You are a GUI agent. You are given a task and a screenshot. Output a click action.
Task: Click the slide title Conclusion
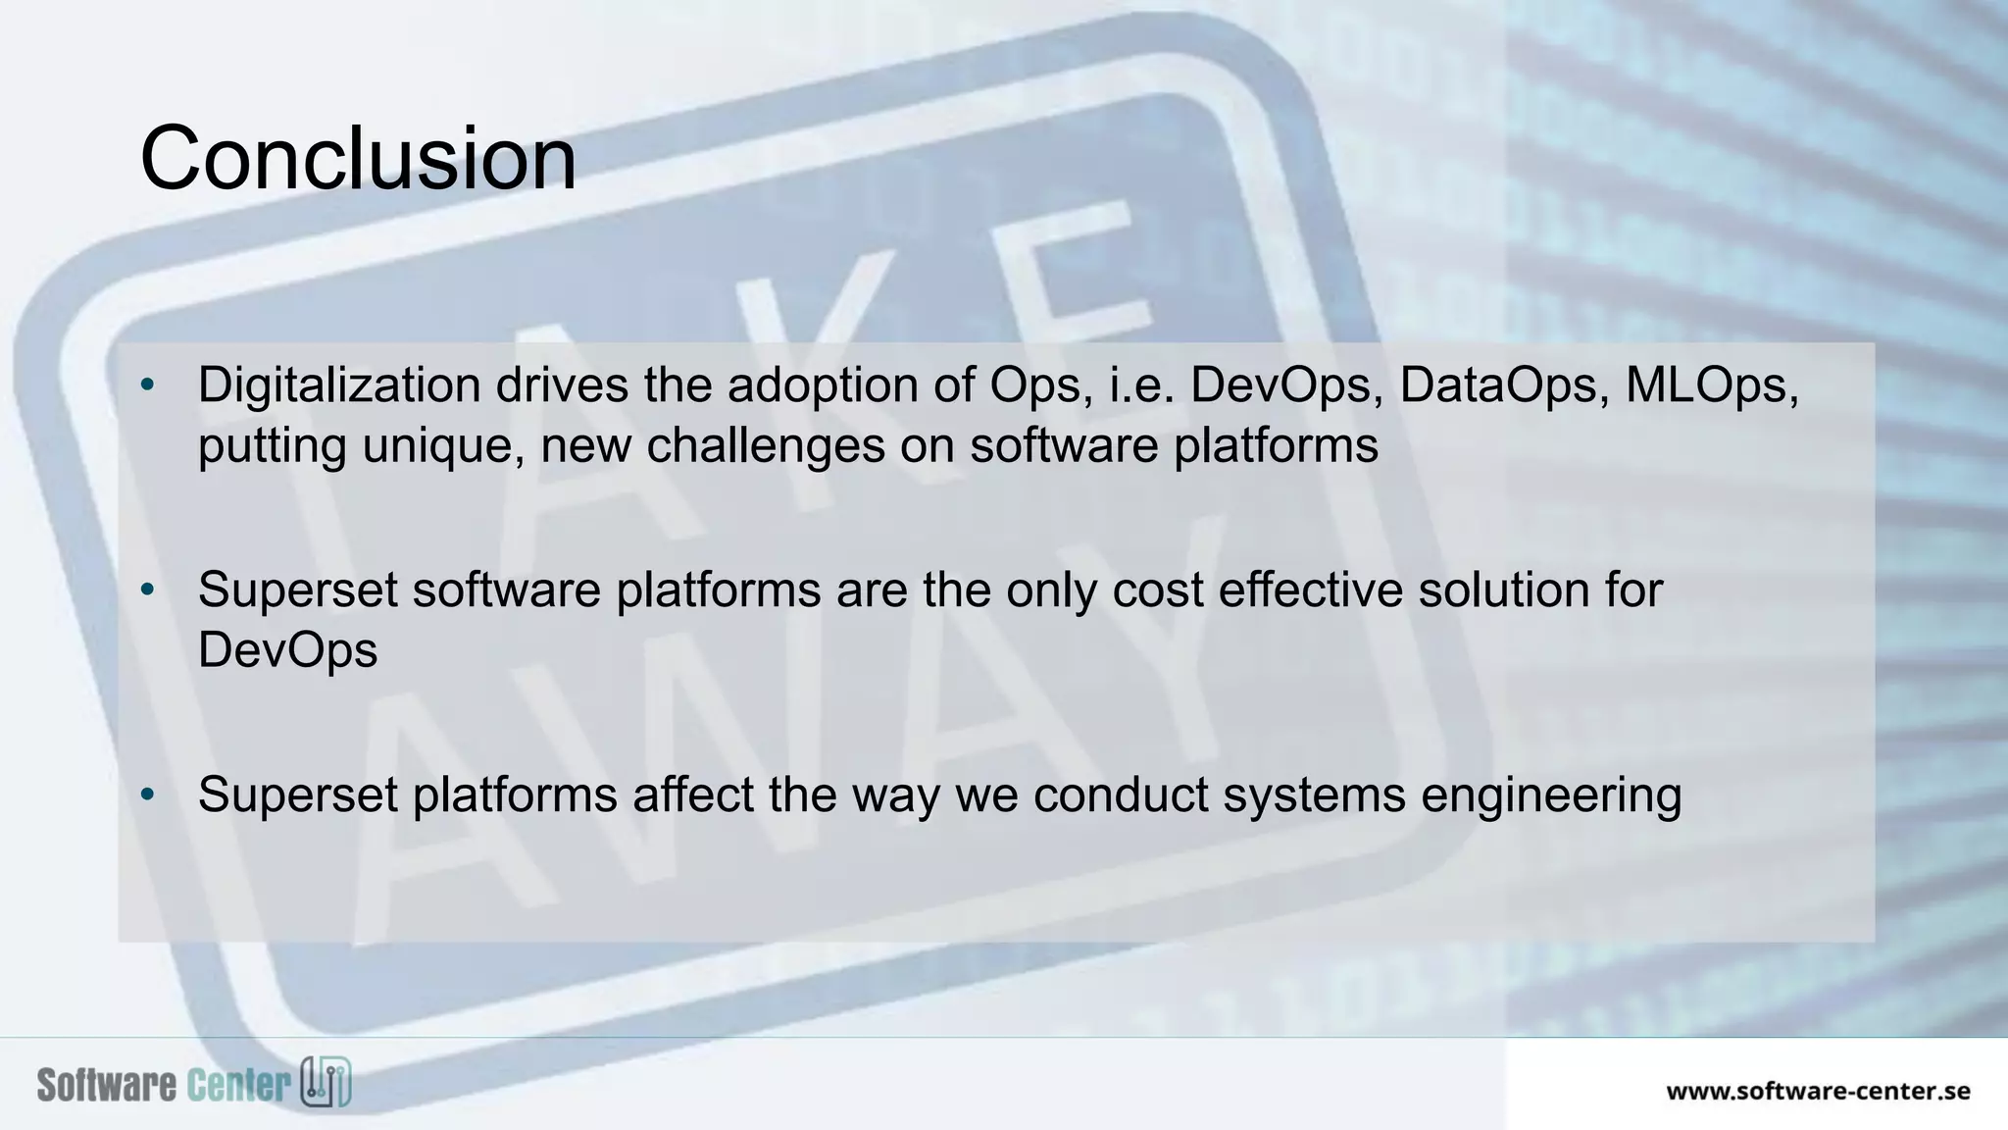click(358, 159)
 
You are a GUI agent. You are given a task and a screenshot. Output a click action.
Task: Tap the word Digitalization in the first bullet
click(338, 385)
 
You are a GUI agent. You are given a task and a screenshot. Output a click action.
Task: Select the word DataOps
click(1504, 385)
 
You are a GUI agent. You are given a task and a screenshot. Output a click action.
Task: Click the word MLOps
click(1711, 385)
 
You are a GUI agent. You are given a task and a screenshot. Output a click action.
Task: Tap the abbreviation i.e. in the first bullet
click(1141, 385)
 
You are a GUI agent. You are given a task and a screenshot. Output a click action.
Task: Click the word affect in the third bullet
click(693, 795)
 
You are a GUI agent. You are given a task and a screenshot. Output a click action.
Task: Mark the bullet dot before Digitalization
click(147, 385)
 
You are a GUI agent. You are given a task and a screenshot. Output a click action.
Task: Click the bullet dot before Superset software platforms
click(147, 590)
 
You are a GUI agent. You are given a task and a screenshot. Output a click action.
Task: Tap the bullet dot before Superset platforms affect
click(147, 795)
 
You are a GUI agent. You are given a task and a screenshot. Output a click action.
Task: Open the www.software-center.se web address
click(1818, 1091)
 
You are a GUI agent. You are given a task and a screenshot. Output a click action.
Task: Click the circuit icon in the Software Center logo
click(326, 1083)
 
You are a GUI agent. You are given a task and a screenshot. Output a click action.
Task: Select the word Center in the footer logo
click(238, 1085)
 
